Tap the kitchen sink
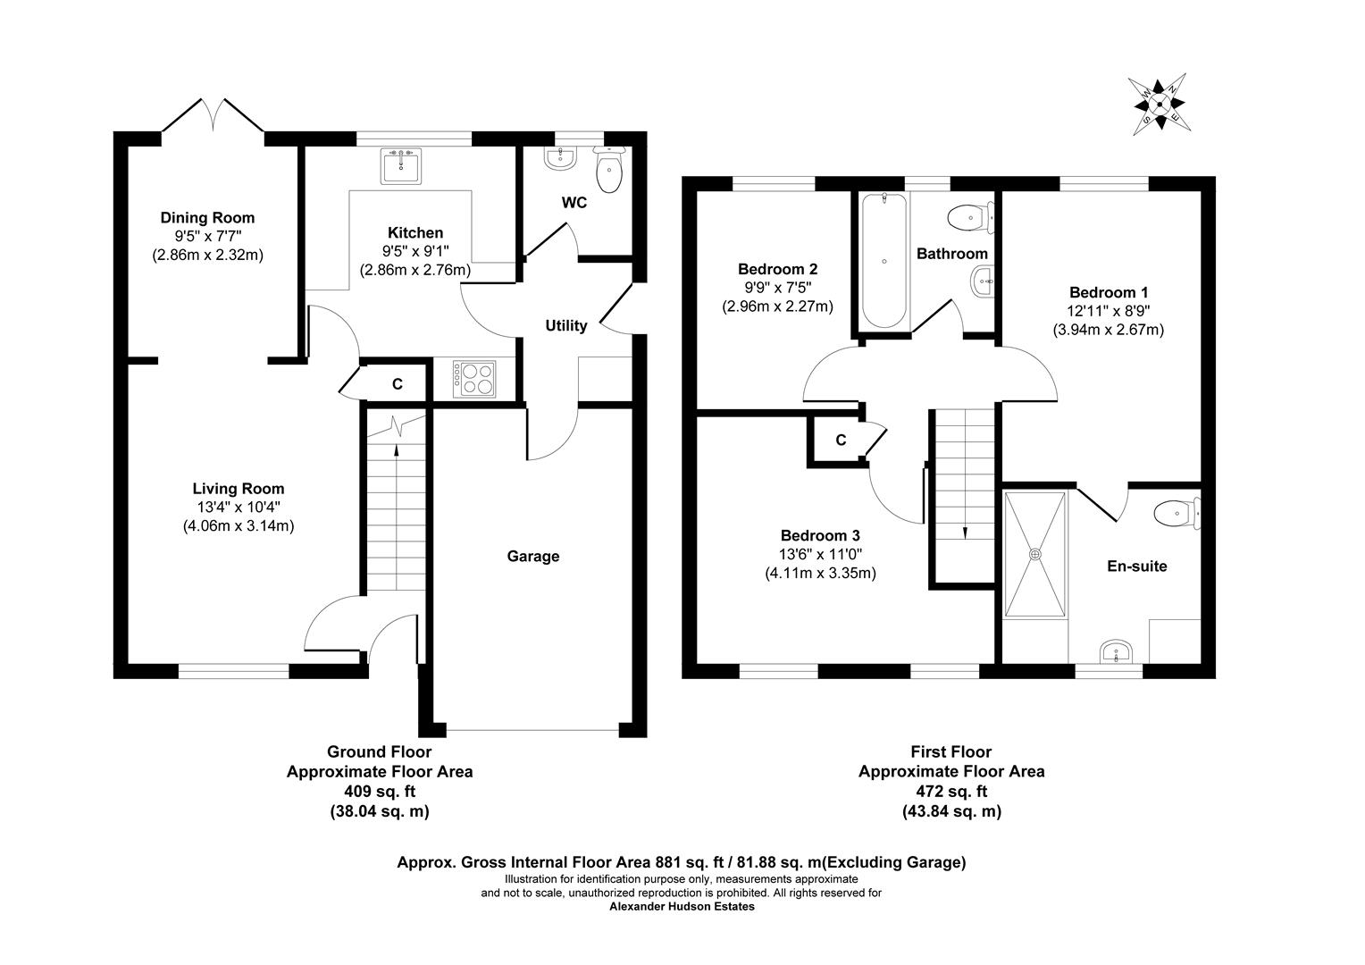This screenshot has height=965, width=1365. [401, 165]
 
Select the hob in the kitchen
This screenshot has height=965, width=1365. [474, 379]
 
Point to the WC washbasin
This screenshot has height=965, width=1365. [559, 158]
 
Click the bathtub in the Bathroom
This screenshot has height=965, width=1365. [883, 261]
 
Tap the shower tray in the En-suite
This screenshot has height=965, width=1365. [1034, 554]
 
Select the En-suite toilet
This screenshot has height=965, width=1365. [1177, 513]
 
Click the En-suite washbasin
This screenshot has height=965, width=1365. [1116, 651]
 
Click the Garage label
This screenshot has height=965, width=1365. [533, 556]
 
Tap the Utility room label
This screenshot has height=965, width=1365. [566, 325]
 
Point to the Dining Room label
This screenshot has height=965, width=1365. [207, 218]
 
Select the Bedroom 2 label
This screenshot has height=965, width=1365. [777, 269]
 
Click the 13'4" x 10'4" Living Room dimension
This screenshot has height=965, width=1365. [239, 507]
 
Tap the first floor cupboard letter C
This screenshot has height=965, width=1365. [841, 441]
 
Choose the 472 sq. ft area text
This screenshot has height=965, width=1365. [951, 792]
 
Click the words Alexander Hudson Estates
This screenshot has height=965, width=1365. [682, 907]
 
